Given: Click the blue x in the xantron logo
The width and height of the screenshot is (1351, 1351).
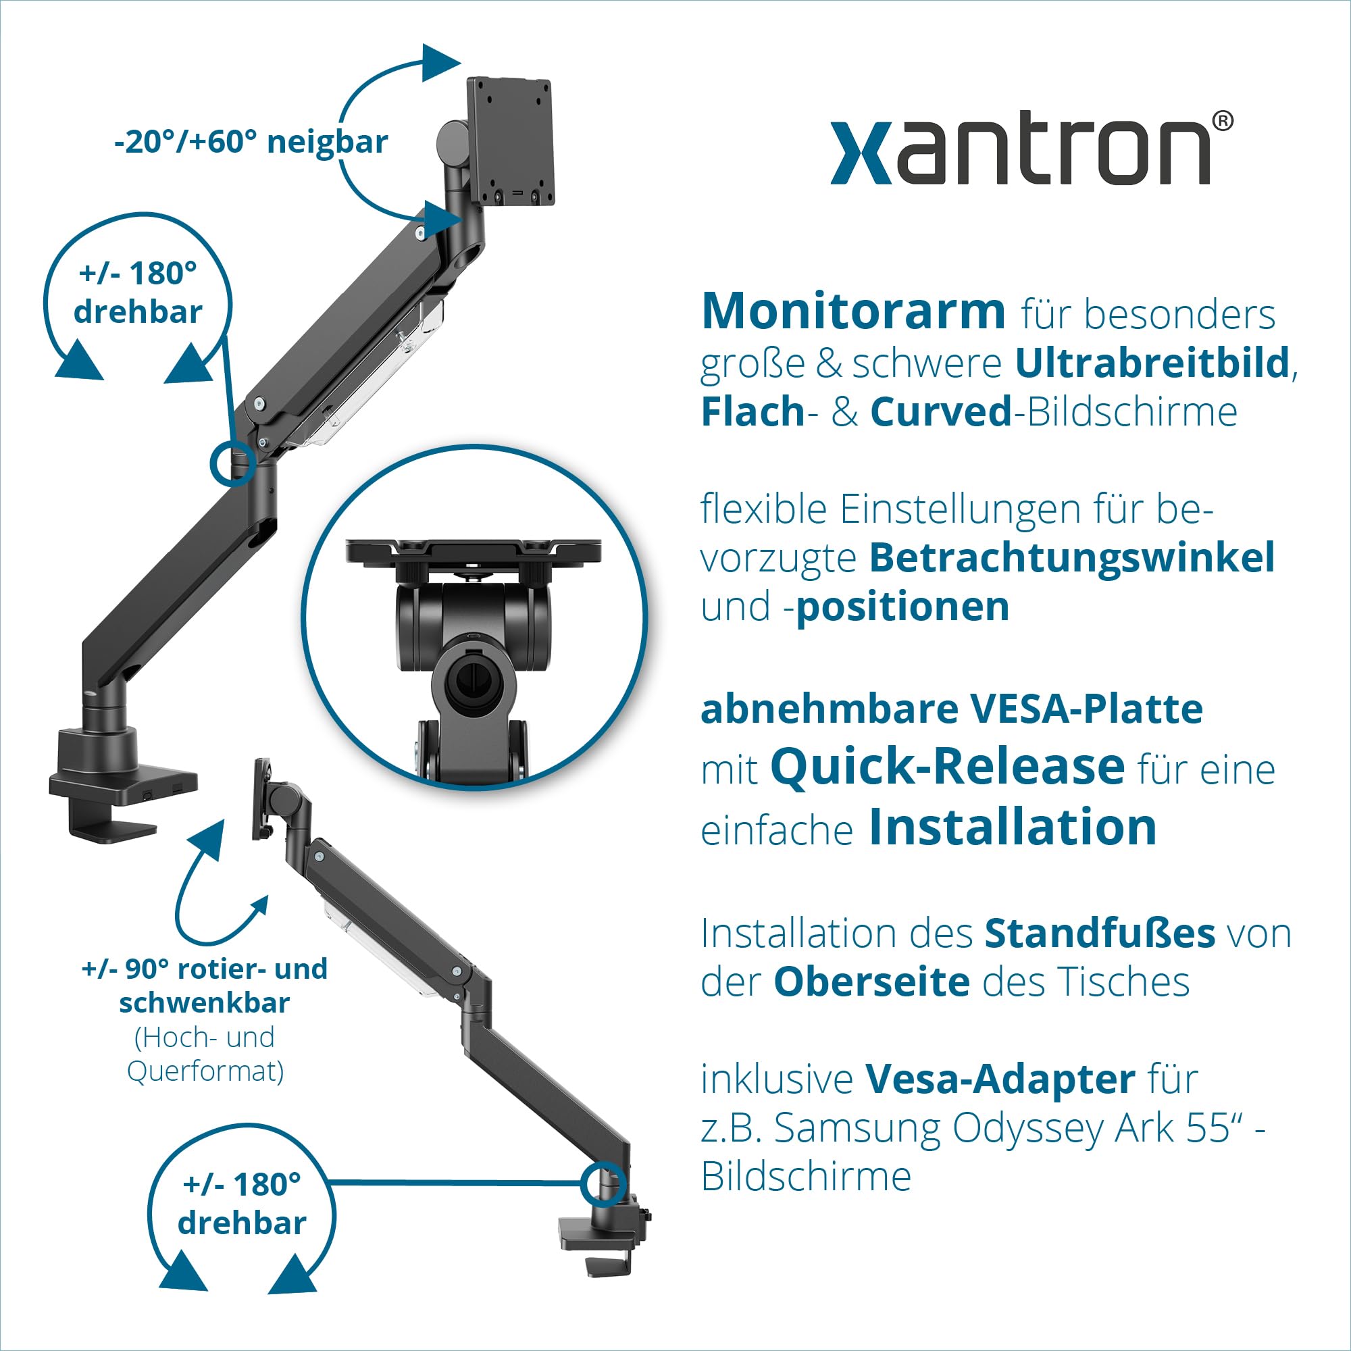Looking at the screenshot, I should click(x=861, y=153).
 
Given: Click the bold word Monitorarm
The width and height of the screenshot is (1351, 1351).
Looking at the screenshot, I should click(x=853, y=312).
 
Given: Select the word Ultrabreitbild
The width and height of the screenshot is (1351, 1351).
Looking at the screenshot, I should click(x=1152, y=363).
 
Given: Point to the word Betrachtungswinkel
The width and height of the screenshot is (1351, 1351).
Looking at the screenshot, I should click(x=1072, y=558).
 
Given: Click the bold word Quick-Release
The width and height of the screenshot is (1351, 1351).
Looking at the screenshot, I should click(x=948, y=767).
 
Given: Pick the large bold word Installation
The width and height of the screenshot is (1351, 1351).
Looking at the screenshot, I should click(x=1013, y=828).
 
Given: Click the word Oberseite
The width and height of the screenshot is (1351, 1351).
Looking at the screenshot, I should click(x=871, y=982).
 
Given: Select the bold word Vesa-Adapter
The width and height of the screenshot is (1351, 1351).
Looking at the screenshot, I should click(x=1000, y=1079).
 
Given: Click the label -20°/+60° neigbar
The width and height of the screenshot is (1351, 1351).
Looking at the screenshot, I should click(x=251, y=142).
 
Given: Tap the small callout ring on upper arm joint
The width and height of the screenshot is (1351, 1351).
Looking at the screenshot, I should click(x=232, y=463).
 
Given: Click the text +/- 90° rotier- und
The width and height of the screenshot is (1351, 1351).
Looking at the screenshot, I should click(x=204, y=969).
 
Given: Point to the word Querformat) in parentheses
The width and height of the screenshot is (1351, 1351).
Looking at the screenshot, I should click(x=205, y=1071).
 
